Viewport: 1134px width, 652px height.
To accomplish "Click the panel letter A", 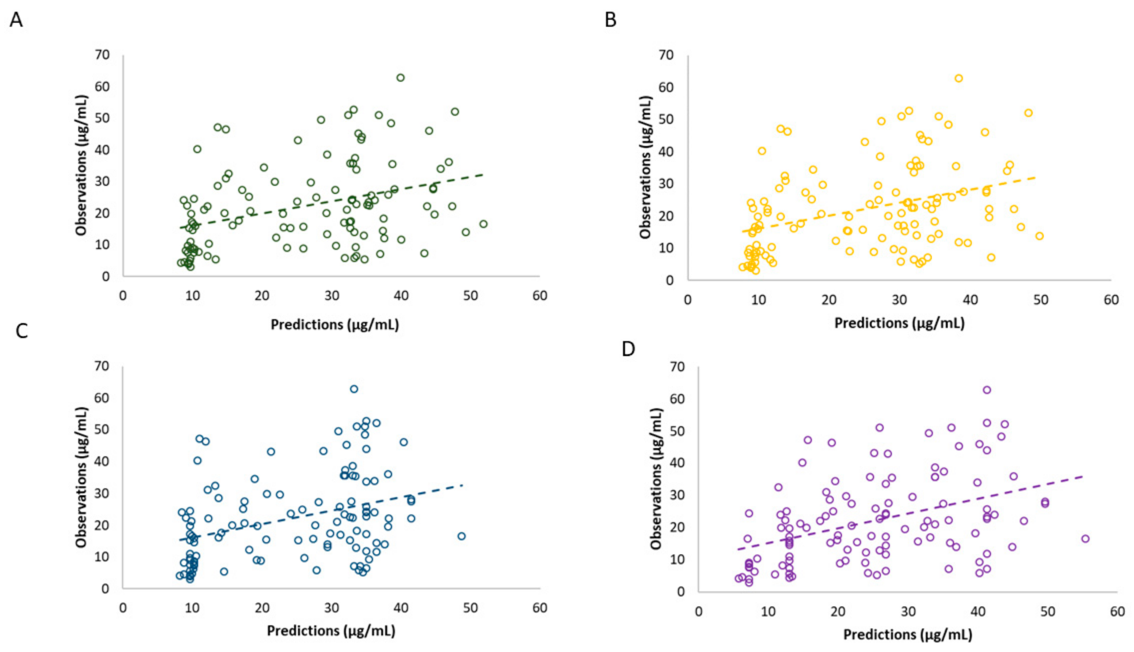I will (x=16, y=20).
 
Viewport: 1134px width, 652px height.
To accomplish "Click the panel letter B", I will (x=611, y=20).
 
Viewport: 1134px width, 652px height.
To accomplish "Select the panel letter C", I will (x=21, y=331).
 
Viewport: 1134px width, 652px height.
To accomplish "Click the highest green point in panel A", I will (x=400, y=78).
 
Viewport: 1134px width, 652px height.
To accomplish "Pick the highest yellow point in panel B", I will (x=958, y=78).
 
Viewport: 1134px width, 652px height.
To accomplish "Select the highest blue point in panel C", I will (x=354, y=389).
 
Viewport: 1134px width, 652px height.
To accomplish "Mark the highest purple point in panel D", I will (x=987, y=390).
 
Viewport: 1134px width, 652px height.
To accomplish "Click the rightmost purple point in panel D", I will (x=1085, y=539).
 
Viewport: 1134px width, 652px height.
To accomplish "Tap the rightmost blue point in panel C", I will (x=461, y=536).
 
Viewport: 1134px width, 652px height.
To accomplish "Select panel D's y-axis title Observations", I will (x=656, y=479).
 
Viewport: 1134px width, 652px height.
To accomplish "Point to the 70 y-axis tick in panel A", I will (x=102, y=55).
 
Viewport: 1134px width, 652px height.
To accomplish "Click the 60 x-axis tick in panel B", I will (x=1111, y=300).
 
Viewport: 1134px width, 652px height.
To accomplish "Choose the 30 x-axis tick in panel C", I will (x=332, y=608).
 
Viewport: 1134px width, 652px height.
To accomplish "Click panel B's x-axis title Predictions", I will (x=899, y=323).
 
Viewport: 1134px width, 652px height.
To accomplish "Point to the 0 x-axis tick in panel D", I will (x=699, y=611).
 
